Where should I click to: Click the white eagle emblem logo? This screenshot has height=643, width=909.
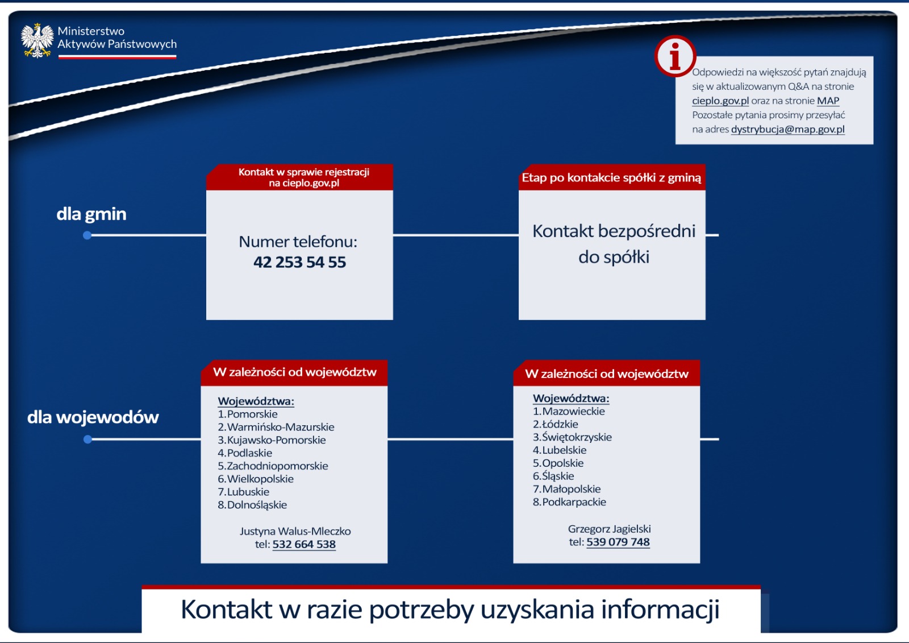[37, 40]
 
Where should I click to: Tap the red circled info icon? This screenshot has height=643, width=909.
[675, 56]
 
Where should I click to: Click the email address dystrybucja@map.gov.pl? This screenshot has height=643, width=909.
[787, 129]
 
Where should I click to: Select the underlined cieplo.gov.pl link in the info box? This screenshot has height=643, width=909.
[720, 101]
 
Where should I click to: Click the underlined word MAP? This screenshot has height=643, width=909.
[828, 101]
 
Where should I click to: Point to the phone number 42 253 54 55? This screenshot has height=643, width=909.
[299, 262]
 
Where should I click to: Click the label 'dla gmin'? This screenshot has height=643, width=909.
[91, 214]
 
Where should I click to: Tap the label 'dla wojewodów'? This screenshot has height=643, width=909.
[93, 417]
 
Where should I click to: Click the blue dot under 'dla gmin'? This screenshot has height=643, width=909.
[87, 235]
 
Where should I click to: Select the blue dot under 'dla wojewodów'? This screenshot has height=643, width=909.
[87, 439]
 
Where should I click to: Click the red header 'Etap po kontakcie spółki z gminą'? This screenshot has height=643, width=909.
[611, 177]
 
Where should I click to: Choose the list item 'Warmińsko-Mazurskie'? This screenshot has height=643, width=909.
[281, 427]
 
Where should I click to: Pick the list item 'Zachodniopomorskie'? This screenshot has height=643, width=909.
[277, 466]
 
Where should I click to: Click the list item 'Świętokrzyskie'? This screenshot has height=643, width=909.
[577, 437]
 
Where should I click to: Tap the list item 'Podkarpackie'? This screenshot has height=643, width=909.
[574, 502]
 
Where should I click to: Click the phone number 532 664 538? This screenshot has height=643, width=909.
[304, 544]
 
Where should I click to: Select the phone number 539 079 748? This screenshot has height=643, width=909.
[618, 542]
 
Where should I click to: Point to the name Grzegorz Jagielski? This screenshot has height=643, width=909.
[609, 529]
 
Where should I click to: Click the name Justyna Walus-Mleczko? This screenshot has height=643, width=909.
[295, 532]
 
